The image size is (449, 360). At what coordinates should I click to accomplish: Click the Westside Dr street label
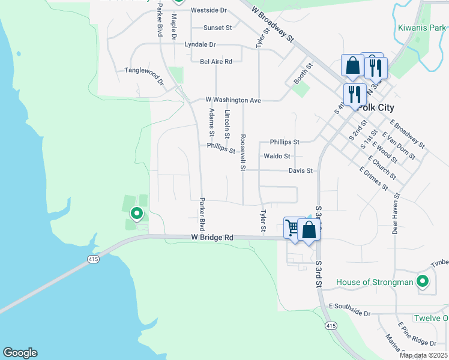coord(209,11)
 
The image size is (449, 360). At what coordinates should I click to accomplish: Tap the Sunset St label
coord(217,28)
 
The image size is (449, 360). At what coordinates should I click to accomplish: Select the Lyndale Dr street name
coord(200,44)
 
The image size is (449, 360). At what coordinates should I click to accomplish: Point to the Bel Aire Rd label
coord(216,61)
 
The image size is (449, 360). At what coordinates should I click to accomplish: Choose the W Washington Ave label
coord(233,100)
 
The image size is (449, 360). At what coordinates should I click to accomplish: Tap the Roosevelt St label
coord(243,152)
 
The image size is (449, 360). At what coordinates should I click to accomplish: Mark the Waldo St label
coord(277,156)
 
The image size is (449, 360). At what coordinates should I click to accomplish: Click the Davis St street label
coord(301,171)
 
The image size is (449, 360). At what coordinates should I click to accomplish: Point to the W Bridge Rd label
coord(212,238)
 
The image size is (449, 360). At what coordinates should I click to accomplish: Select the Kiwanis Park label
coord(422,27)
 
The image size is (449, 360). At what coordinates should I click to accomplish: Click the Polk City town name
coord(375,107)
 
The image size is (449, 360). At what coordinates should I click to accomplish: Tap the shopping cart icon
coord(292,227)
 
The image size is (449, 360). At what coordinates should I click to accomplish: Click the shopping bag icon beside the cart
coord(309,230)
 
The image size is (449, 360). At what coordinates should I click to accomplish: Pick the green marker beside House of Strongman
coord(423,281)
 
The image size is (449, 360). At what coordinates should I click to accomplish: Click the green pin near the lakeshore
coord(137,212)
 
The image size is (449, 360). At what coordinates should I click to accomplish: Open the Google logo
coord(20,353)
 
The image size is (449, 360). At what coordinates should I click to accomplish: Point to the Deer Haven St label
coord(396,213)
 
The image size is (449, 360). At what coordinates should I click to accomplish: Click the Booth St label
coord(303,74)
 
